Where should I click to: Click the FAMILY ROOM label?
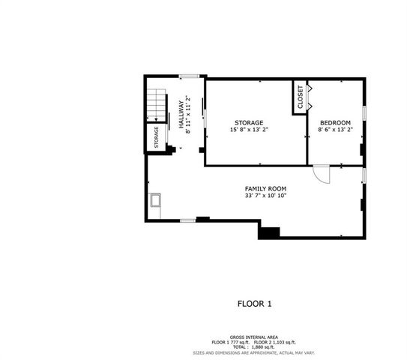[x=265, y=188]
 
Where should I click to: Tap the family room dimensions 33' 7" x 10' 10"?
[x=265, y=196]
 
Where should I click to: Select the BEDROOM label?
[x=334, y=122]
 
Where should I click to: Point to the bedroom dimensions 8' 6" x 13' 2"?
[x=334, y=130]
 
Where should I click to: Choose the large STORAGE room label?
[x=248, y=122]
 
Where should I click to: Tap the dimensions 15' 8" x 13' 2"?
[x=248, y=130]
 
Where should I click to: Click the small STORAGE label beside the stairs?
[x=156, y=137]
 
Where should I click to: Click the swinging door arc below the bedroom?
[x=322, y=174]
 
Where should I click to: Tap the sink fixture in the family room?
[x=156, y=201]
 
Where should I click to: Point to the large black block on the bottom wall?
[x=268, y=232]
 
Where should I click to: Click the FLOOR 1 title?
[x=254, y=304]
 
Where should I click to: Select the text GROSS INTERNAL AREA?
[x=254, y=337]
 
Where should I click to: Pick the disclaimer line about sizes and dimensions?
[x=254, y=352]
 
